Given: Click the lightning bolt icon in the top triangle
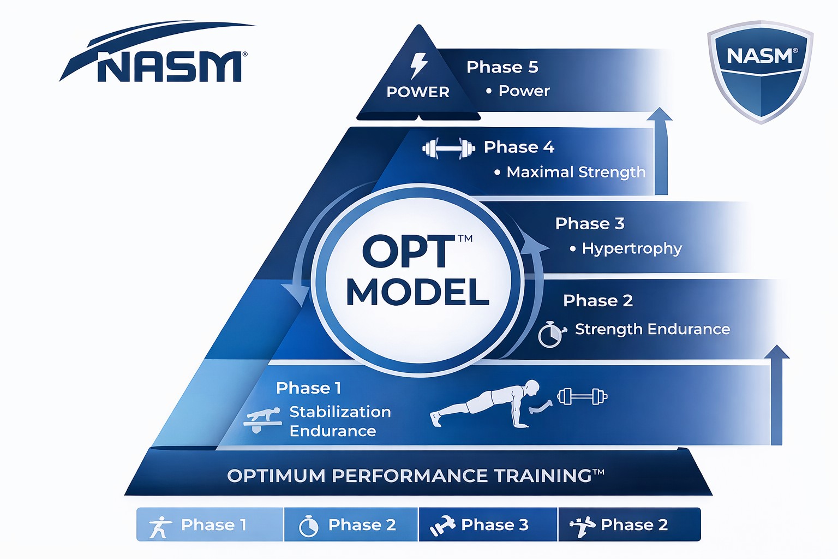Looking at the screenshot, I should tap(418, 66).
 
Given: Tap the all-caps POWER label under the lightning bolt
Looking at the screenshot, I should tap(418, 92).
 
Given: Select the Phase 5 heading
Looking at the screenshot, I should tap(502, 67).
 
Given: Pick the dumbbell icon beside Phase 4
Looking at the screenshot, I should tap(448, 148).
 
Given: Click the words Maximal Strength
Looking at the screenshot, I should tap(576, 172).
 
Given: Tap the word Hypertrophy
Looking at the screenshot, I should tap(632, 248).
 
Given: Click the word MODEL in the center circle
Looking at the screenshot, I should tap(417, 292).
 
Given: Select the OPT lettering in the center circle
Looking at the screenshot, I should tap(409, 252).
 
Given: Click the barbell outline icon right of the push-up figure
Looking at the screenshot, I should tap(582, 396).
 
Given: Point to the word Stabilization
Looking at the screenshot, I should tap(340, 412).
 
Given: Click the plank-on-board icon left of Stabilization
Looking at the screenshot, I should tap(262, 419).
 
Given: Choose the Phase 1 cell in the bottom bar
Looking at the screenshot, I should tap(209, 525).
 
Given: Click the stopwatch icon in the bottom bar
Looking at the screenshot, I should tap(309, 526).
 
